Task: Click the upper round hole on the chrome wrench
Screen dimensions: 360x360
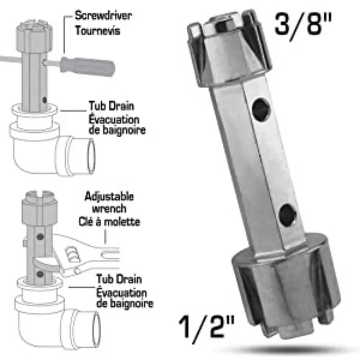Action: (260, 108)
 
